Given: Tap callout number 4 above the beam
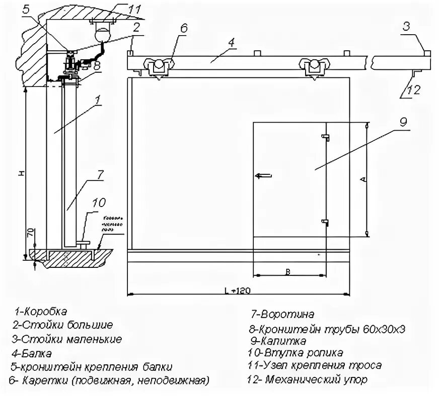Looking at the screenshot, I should click(x=231, y=43).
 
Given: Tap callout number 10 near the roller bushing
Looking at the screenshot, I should click(x=99, y=203).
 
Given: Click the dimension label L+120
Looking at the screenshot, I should click(x=237, y=290).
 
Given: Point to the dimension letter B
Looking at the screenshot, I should click(x=288, y=272).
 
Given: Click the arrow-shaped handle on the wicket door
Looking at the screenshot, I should click(x=263, y=175).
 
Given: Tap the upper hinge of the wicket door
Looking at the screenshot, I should click(x=326, y=136).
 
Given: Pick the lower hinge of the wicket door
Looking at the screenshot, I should click(x=326, y=222).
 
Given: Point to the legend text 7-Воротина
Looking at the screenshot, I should click(x=282, y=315).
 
